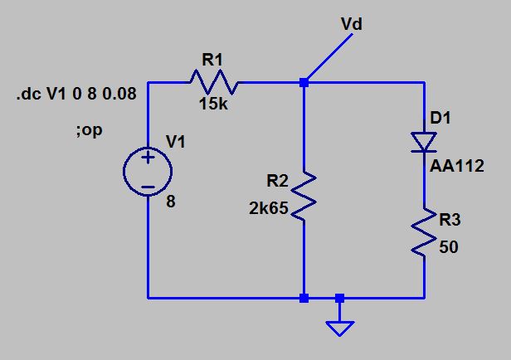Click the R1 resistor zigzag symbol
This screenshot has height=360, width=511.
[x=215, y=83]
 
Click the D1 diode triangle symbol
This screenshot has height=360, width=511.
[x=424, y=144]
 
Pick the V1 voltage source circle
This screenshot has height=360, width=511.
[x=148, y=173]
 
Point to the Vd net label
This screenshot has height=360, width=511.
[x=352, y=25]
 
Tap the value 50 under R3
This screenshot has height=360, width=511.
[x=449, y=247]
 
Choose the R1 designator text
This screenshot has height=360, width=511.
[x=212, y=59]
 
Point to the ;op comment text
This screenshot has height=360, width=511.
[x=88, y=131]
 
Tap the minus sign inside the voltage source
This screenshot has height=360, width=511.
[x=148, y=188]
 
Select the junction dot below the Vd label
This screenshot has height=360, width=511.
[x=304, y=83]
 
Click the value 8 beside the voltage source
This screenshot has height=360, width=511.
[x=170, y=202]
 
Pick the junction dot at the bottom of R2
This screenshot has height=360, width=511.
[x=304, y=297]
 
